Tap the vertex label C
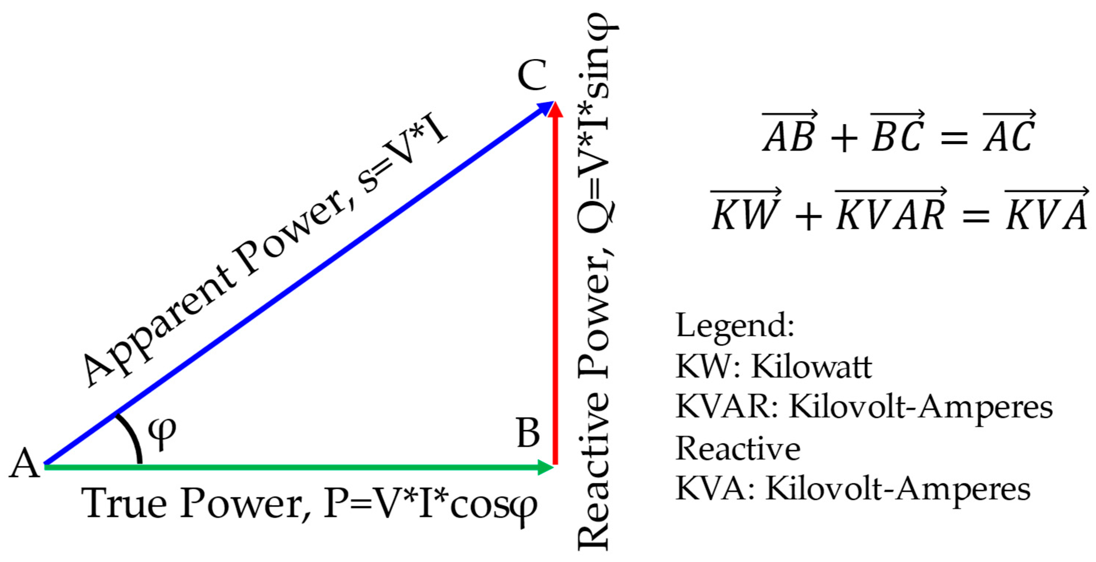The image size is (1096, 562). [532, 75]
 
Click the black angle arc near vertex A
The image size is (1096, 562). [133, 438]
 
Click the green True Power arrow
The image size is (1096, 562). [298, 467]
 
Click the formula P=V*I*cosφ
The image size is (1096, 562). [430, 506]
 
